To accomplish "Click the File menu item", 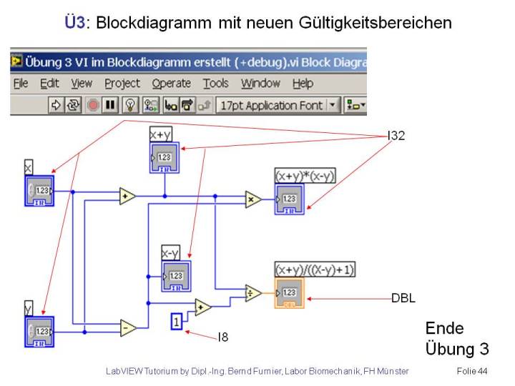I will pos(21,84).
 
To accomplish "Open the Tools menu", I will pos(215,84).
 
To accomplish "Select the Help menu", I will pos(303,84).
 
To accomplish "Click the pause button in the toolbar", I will pos(110,105).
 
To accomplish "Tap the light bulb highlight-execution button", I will pos(129,105).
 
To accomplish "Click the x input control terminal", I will pos(39,191).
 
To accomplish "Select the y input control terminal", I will pos(39,332).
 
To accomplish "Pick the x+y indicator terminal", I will pos(165,157).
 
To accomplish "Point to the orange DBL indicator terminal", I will pos(289,293).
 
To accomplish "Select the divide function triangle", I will pos(253,292).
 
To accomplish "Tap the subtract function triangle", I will pos(128,327).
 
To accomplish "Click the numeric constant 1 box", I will pos(177,322).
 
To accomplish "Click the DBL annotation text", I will pos(403,297).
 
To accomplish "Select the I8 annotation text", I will pos(223,337).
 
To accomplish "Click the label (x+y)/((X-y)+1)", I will pos(315,269).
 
